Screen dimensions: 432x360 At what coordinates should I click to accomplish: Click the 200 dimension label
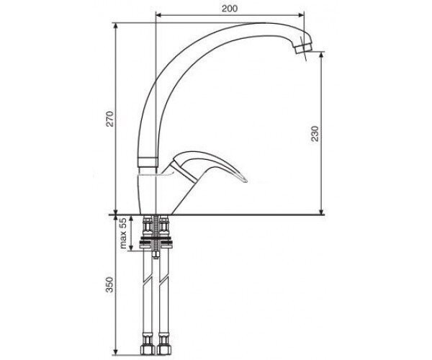pyautogui.click(x=230, y=9)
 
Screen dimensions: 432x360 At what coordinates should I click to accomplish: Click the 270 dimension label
pyautogui.click(x=110, y=119)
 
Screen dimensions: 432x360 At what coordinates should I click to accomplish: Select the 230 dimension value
pyautogui.click(x=315, y=134)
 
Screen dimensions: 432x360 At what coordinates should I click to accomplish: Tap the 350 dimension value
pyautogui.click(x=109, y=284)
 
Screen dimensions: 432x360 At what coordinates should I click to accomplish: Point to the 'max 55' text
pyautogui.click(x=123, y=233)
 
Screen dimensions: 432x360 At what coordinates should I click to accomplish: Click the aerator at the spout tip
pyautogui.click(x=303, y=48)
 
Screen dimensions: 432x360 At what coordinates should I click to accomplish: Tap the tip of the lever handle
pyautogui.click(x=246, y=181)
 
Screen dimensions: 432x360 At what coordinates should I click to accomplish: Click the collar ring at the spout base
pyautogui.click(x=148, y=162)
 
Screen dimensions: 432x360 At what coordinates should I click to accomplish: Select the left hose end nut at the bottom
pyautogui.click(x=148, y=348)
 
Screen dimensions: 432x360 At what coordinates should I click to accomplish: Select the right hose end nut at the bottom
pyautogui.click(x=164, y=348)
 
